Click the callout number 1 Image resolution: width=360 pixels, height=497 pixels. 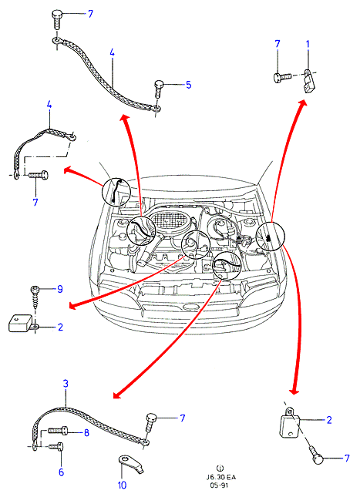coord(308,45)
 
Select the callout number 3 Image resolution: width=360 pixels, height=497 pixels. coord(66,384)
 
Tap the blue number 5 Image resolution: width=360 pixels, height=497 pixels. coord(188,85)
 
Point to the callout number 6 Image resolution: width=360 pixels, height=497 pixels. coord(61,472)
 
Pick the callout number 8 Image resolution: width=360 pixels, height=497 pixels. coord(86,432)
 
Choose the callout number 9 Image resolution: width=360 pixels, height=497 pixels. coord(59,289)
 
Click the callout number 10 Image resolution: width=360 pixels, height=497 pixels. coord(122,485)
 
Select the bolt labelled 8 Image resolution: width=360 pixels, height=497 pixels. coord(57,431)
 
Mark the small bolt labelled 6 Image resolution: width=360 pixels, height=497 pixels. coord(56,447)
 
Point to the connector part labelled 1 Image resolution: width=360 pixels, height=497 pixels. coord(308,81)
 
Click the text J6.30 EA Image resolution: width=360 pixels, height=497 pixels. coord(221,477)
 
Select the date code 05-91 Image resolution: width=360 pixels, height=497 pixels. coord(219,485)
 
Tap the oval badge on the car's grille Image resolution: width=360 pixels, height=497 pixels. coord(190,307)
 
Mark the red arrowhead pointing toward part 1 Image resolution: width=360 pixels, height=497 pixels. coord(302,104)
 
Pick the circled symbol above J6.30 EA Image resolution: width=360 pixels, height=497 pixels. coord(220,468)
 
